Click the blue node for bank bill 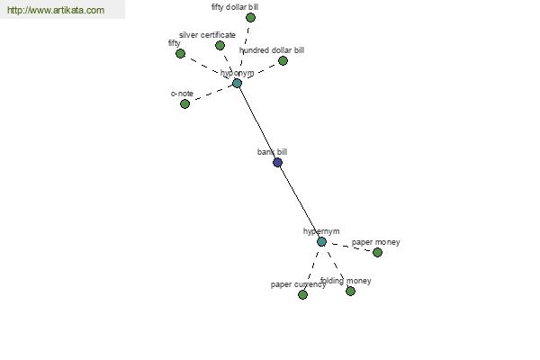click(277, 162)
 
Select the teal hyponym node click(237, 83)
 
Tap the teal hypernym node click(321, 241)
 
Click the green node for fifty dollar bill click(250, 17)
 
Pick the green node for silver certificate click(220, 45)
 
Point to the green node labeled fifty click(180, 53)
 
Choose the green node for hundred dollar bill click(283, 60)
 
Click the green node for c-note click(184, 103)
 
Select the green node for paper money click(377, 252)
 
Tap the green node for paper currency click(302, 294)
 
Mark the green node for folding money click(350, 291)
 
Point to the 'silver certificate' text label click(207, 35)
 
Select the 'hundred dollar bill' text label click(272, 50)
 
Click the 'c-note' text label click(182, 94)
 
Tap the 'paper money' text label click(376, 242)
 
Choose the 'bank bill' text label click(272, 152)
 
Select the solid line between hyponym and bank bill click(256, 121)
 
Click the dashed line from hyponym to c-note click(211, 93)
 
